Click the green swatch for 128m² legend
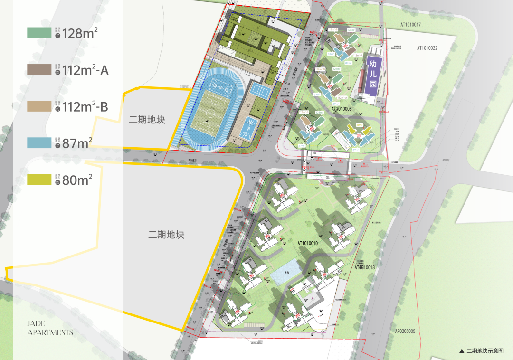pos(38,33)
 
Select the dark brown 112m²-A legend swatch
pos(38,70)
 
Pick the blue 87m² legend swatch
pos(38,142)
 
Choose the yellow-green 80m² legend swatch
pos(38,180)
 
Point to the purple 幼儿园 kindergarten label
pos(373,76)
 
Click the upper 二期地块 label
pos(147,120)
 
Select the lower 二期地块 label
pos(166,235)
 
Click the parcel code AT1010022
pos(427,48)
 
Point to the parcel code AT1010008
pos(335,108)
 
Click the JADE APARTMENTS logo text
pos(50,328)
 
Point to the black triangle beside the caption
pos(461,351)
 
